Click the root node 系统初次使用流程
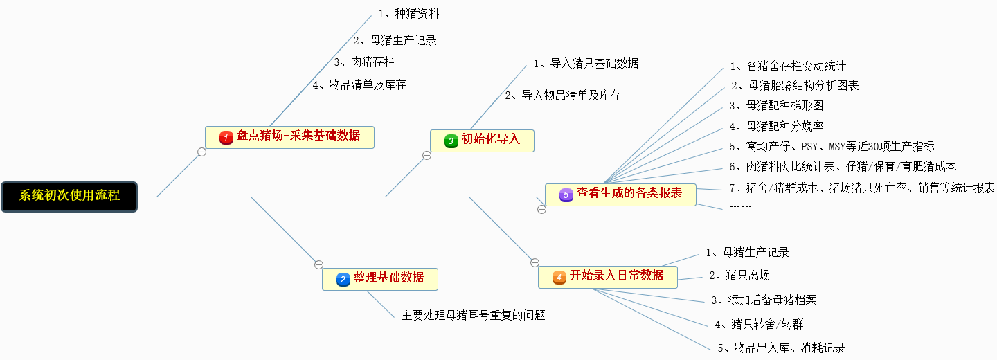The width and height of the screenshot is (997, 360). [69, 196]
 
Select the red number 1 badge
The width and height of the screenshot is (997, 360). [226, 138]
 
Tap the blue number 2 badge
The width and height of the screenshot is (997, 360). [343, 279]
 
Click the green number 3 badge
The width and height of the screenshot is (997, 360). [451, 141]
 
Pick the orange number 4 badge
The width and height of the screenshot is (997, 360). [559, 277]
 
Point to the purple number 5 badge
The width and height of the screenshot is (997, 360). [566, 195]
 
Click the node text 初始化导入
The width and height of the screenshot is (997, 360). [490, 139]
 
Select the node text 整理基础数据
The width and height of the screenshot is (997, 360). [388, 278]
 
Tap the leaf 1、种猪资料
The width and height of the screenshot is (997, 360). [408, 13]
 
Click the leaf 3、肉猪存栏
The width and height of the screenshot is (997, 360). [364, 62]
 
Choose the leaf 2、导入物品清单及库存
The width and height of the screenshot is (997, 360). [563, 96]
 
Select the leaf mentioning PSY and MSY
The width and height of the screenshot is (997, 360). [832, 147]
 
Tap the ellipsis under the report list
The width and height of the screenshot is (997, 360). [741, 206]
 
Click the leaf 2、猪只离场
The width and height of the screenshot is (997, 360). [739, 276]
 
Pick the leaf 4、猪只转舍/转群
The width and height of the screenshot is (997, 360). [759, 324]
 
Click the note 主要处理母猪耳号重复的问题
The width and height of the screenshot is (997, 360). [474, 316]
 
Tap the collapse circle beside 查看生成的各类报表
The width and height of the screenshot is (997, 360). [541, 209]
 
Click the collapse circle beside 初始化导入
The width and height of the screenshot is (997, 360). [426, 155]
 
